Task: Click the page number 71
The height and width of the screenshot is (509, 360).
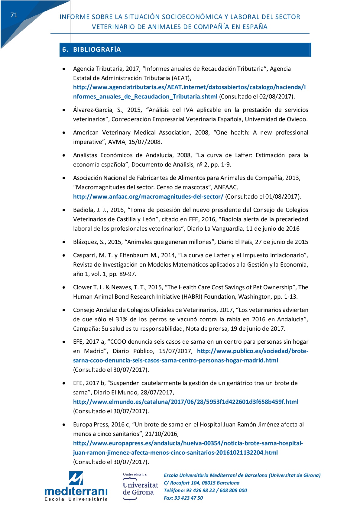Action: click(x=14, y=15)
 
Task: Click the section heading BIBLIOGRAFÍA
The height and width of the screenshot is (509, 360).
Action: click(x=97, y=50)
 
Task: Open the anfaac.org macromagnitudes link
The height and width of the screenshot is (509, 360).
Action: click(x=148, y=197)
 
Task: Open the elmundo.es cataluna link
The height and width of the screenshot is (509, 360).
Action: click(x=186, y=402)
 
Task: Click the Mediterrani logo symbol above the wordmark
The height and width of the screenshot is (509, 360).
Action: click(x=76, y=478)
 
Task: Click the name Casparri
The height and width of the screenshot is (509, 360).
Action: click(x=84, y=255)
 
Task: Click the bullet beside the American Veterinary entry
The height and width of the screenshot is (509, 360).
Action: click(x=64, y=133)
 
